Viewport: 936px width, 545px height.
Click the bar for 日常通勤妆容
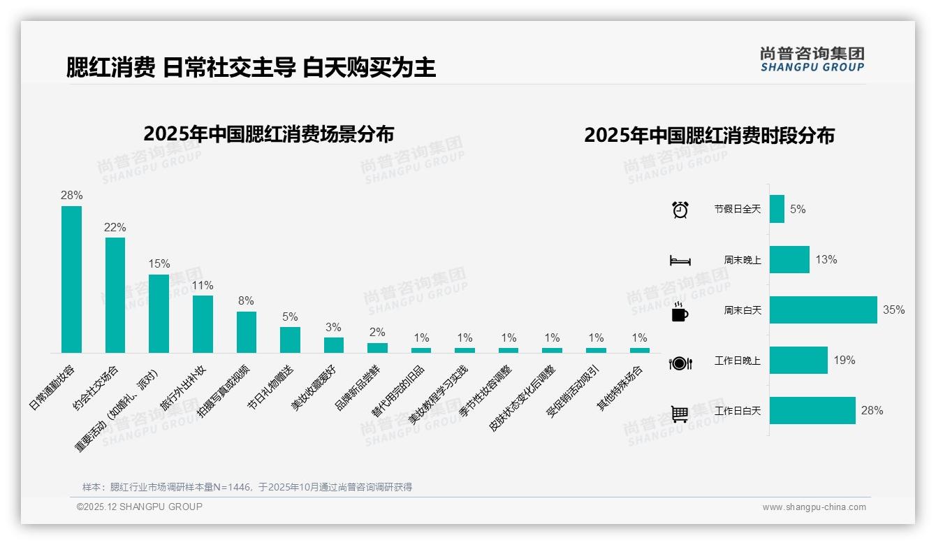[x=71, y=279]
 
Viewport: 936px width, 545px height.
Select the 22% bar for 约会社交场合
[x=115, y=295]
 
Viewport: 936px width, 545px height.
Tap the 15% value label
[x=159, y=263]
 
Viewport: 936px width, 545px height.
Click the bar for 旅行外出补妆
[x=203, y=324]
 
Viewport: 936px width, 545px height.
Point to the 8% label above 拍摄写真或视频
[x=246, y=300]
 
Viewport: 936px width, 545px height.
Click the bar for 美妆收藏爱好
[x=334, y=345]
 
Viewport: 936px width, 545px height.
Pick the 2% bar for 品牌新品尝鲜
[x=377, y=348]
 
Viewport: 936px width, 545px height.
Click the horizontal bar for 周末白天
[x=823, y=310]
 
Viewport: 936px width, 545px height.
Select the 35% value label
[x=893, y=310]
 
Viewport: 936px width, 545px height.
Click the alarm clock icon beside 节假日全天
[x=680, y=209]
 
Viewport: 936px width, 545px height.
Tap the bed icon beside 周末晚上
[x=680, y=260]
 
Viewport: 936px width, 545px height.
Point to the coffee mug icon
[x=680, y=312]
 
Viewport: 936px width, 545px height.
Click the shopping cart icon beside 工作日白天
[x=680, y=414]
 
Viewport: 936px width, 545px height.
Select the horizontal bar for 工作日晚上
[x=798, y=361]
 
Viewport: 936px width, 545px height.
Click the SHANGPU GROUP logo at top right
[x=812, y=59]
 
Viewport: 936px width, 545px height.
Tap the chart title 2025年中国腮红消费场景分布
[x=269, y=133]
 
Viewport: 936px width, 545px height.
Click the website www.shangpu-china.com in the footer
[x=814, y=507]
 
